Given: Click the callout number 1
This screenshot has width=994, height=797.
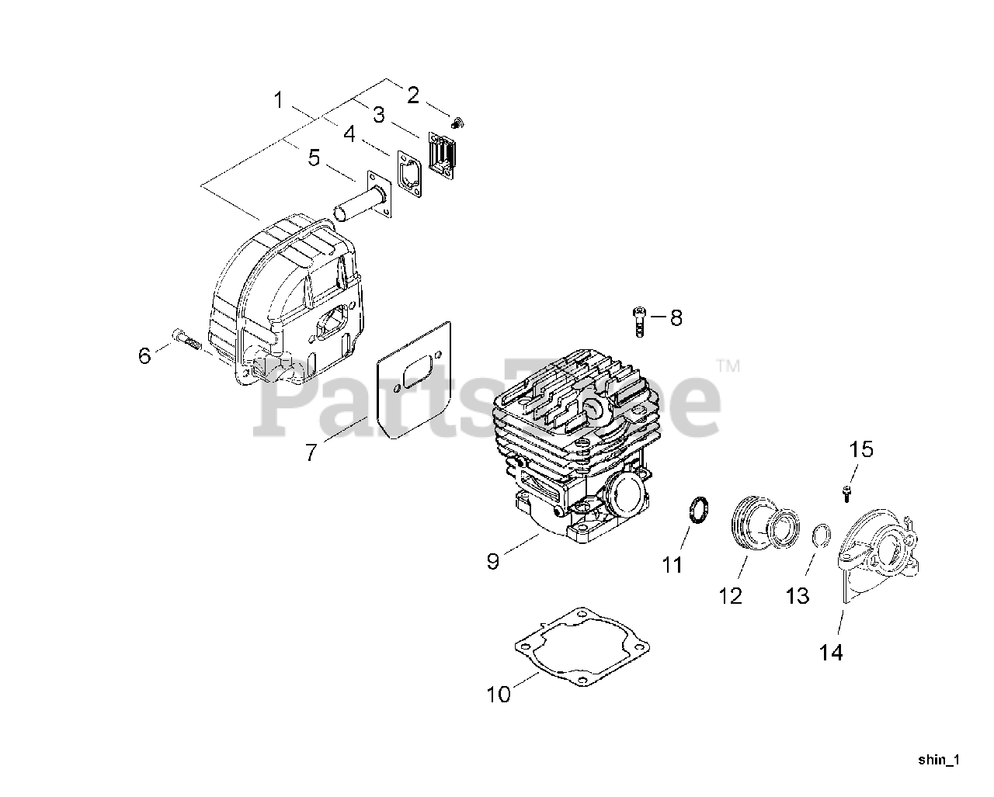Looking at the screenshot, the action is (x=279, y=99).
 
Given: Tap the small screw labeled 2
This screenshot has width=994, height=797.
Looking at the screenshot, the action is (x=458, y=122).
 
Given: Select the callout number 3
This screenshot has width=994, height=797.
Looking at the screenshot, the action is (x=378, y=115).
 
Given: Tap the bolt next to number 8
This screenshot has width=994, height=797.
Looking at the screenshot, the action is (x=637, y=321).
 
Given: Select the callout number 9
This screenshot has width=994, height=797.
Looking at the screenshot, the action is (x=493, y=561).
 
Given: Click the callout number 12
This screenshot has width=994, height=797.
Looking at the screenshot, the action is (x=730, y=595).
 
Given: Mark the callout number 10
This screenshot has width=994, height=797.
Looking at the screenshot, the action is (x=499, y=694).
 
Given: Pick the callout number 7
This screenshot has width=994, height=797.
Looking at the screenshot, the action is (x=311, y=452).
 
